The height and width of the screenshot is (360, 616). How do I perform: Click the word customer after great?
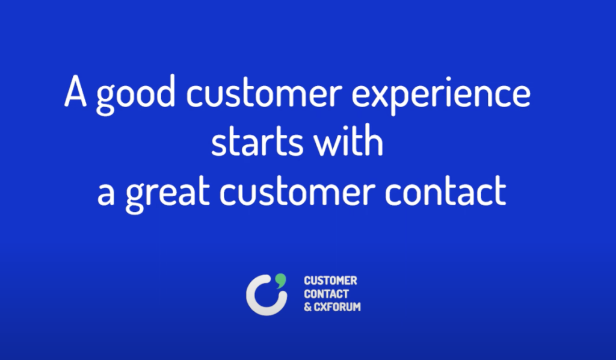(x=308, y=194)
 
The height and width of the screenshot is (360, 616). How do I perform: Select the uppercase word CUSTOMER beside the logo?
(x=330, y=281)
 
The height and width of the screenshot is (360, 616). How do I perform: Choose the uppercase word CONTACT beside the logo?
(x=327, y=294)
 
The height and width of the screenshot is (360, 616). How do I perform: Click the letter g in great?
(x=136, y=197)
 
